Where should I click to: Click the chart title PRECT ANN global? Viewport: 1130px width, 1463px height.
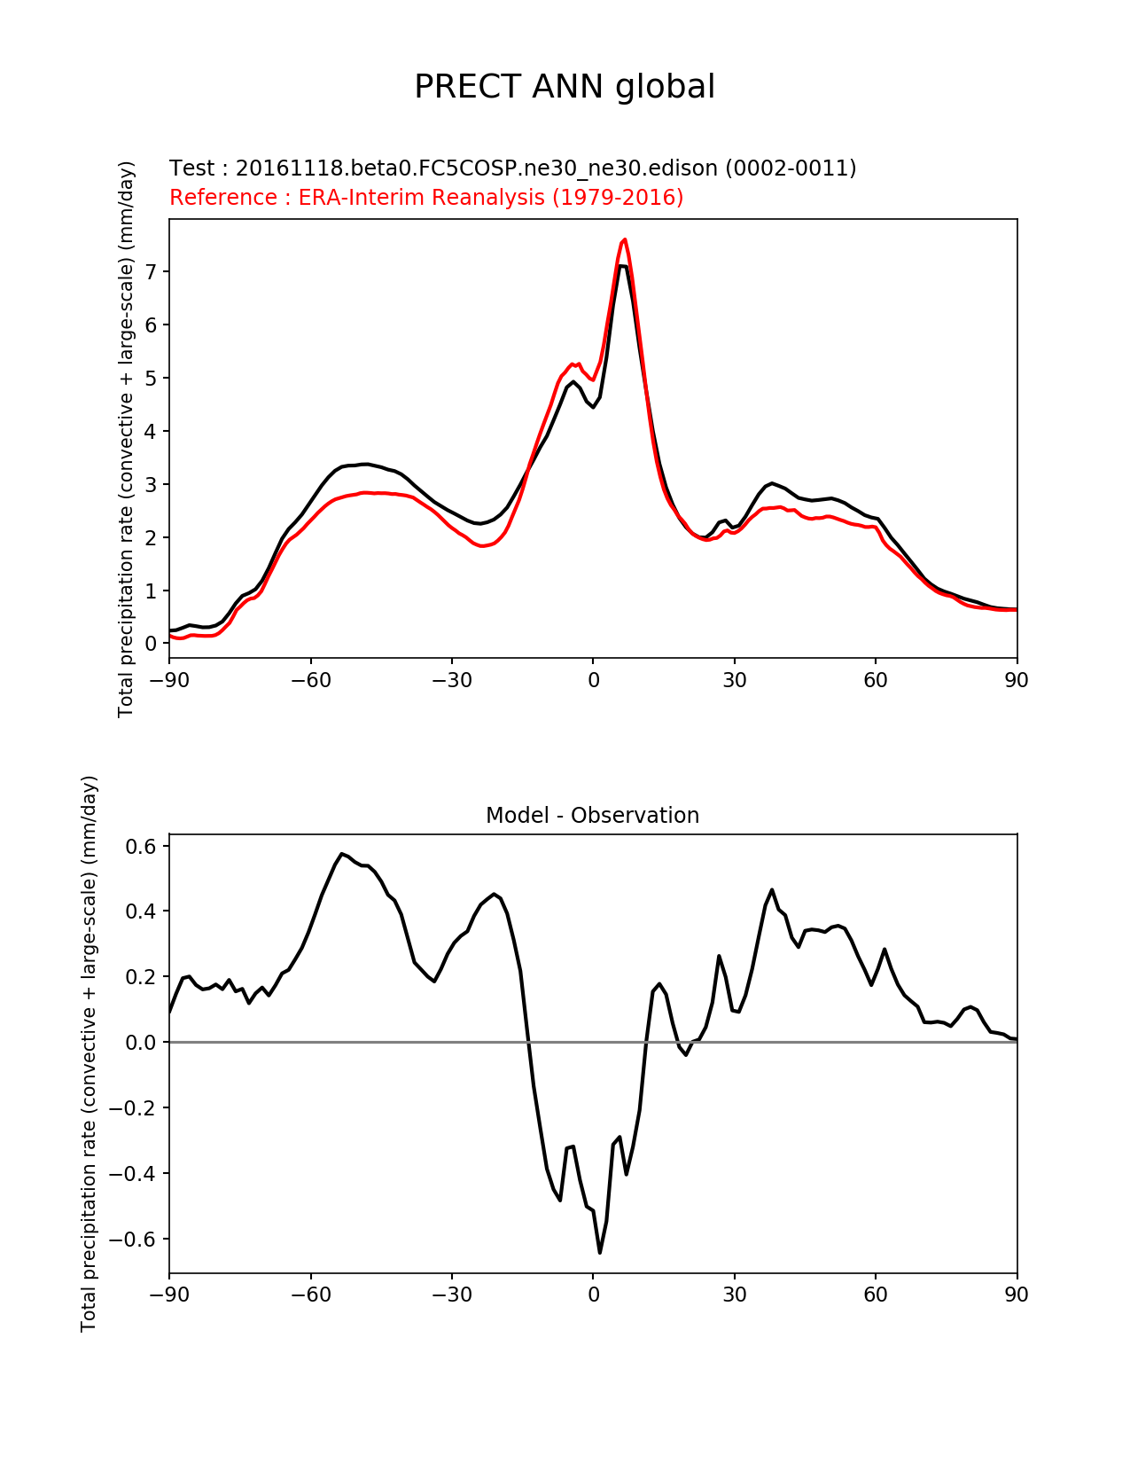(x=565, y=87)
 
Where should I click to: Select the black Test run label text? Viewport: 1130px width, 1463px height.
(x=512, y=168)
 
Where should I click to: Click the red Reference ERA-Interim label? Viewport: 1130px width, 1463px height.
(x=426, y=197)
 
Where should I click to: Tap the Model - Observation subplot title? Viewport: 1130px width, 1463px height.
(x=592, y=816)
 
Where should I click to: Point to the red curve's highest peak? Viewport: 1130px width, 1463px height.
(x=625, y=239)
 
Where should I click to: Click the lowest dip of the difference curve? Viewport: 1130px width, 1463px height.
(x=600, y=1252)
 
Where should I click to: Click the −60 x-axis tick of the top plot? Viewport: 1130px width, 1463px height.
(x=310, y=680)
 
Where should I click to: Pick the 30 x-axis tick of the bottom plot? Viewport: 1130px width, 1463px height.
(x=734, y=1295)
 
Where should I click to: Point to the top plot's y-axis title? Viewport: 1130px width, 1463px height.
(x=127, y=439)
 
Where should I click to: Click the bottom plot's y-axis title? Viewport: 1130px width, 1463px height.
(x=89, y=1053)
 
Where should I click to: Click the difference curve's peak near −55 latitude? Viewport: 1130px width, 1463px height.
(x=341, y=854)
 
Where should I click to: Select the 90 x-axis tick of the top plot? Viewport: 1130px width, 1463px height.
(x=1017, y=680)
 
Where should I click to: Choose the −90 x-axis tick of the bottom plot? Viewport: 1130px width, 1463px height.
(x=169, y=1295)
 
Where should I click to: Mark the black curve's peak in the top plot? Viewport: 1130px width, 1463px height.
(x=623, y=266)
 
